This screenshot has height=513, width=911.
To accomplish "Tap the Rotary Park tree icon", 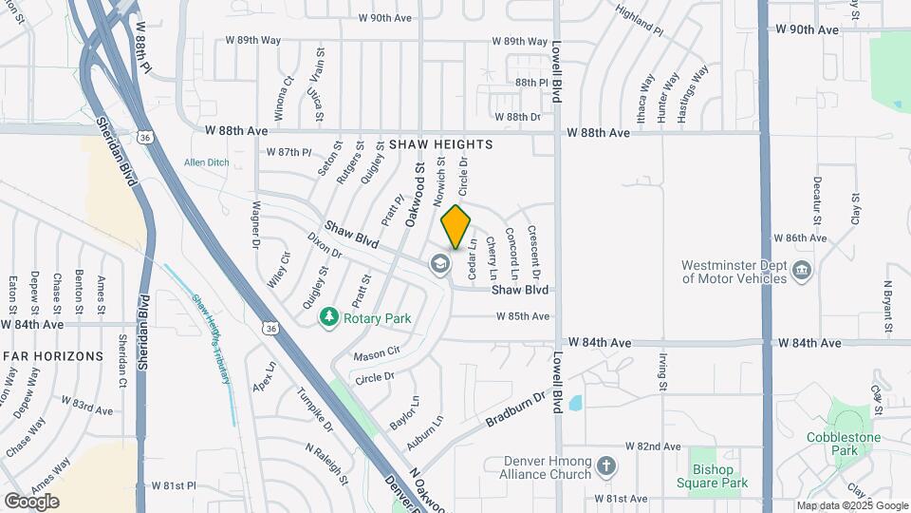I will [x=329, y=316].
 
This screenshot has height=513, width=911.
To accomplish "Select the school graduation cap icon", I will [x=439, y=263].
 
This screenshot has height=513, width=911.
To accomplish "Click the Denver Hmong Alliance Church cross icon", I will [x=607, y=466].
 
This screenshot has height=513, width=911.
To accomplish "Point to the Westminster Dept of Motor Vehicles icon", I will [x=801, y=270].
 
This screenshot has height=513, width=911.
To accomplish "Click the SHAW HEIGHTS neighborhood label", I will [x=440, y=144].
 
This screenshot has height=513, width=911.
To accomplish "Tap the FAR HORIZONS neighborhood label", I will [x=52, y=356].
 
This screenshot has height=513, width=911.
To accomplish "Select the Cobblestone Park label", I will [x=846, y=444].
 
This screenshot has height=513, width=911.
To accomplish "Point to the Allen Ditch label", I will [x=206, y=162].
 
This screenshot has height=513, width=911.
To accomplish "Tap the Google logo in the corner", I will [x=31, y=501].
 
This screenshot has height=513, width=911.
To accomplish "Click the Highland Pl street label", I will [x=639, y=19].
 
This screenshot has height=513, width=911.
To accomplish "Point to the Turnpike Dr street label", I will [x=314, y=409].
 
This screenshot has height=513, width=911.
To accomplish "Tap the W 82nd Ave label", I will [x=652, y=446].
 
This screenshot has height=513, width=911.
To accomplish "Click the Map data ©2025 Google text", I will [x=852, y=505].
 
